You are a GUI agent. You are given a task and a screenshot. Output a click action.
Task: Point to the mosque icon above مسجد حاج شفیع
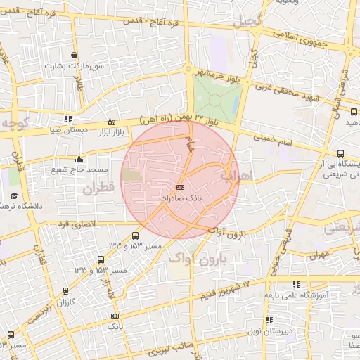tap(78, 159)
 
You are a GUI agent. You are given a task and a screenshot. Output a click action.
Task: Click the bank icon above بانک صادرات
tap(180, 187)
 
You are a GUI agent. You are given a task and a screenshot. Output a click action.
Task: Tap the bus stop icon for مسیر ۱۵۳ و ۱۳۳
tap(135, 236)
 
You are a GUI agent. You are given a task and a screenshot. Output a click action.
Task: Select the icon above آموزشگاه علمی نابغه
tap(296, 284)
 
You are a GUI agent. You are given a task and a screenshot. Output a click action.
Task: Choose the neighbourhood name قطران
tap(98, 188)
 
